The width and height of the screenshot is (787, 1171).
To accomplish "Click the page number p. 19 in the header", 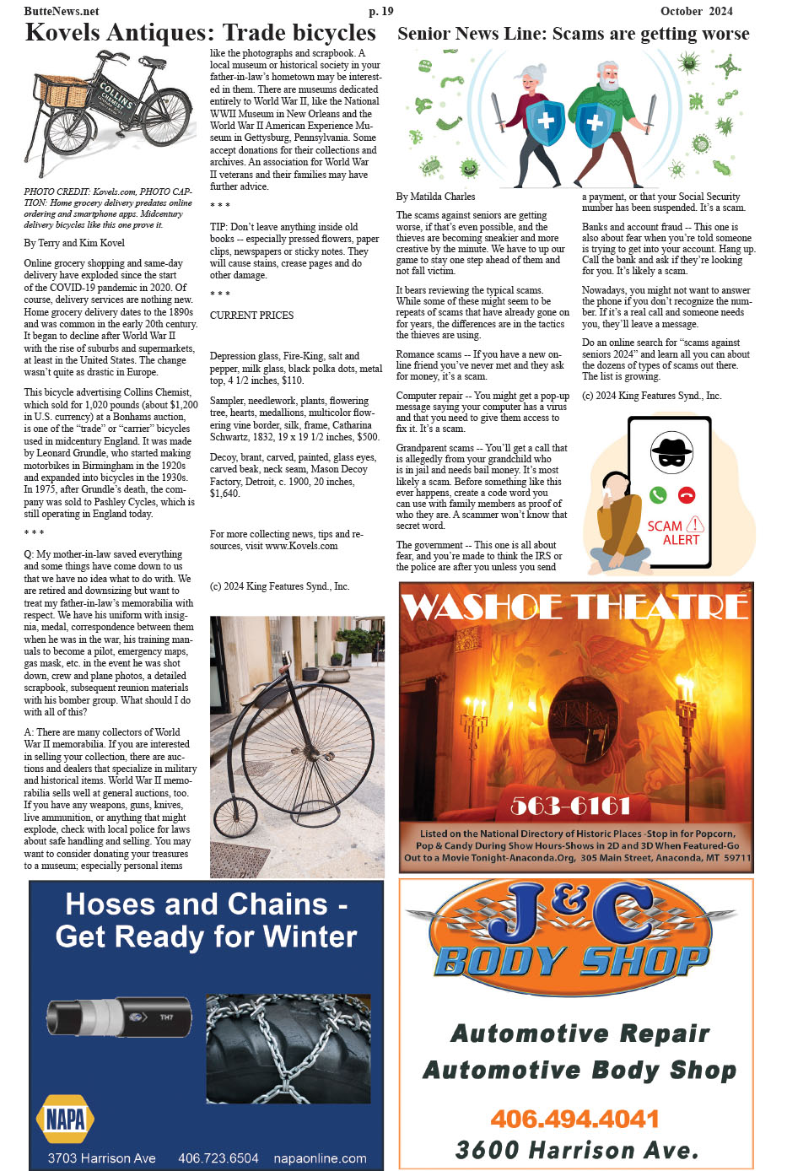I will pos(380,11).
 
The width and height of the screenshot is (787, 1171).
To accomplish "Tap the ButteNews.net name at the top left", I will pos(62,11).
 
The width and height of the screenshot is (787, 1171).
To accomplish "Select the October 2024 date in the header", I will pos(696,11).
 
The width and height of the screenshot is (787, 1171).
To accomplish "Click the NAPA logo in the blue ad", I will pos(65,1119).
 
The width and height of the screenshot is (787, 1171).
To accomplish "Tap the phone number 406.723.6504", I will pos(218,1158).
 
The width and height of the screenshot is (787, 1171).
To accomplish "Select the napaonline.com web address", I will pos(320,1158).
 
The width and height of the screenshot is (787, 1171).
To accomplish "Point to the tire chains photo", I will pos(288,1049).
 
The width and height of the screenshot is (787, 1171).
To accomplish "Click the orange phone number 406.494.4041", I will pos(574,1119).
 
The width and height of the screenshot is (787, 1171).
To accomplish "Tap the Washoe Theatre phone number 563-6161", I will pos(570,806).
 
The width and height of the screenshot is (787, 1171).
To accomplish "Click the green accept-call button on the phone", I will pos(658,495).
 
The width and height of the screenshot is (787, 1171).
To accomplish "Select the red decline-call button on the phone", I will pos(687,495).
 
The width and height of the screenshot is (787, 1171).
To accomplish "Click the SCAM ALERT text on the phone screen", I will pos(674,532).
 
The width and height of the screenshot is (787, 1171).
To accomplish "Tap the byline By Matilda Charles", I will pos(435,197).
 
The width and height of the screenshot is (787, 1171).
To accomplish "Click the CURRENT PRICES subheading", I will pos(251,316).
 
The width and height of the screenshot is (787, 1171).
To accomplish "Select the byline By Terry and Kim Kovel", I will pos(74,243).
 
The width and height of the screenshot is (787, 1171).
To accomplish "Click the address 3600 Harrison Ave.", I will pos(577,1150).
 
